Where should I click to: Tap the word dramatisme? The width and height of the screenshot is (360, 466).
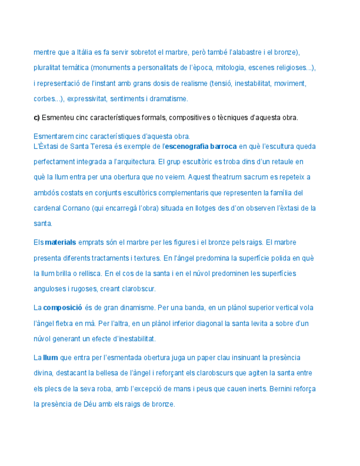[x=171, y=99]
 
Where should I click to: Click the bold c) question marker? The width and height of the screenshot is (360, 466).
[x=37, y=118]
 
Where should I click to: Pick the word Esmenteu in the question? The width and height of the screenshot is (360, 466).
[x=57, y=118]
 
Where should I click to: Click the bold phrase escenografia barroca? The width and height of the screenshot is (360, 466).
[x=201, y=147]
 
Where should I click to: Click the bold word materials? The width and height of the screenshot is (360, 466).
[x=60, y=242]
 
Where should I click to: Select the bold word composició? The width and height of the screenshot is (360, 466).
[x=63, y=308]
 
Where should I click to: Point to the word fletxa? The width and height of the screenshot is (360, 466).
[x=65, y=323]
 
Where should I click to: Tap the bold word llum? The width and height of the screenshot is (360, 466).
[x=50, y=358]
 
